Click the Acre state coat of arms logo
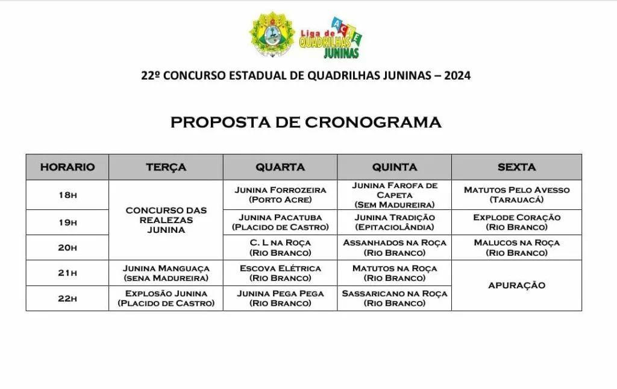(272, 35)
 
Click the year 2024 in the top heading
(457, 76)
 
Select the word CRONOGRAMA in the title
(373, 122)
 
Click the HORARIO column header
(67, 167)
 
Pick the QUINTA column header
(394, 167)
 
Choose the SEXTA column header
(516, 167)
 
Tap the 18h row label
(67, 195)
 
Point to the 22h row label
(67, 299)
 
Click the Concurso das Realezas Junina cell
(166, 220)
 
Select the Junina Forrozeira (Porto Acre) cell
(280, 194)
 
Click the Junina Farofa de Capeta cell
(394, 195)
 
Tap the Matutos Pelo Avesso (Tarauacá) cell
(516, 194)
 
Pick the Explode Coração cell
(516, 222)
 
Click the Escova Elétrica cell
(280, 273)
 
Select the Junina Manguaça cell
(166, 273)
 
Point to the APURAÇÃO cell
(516, 285)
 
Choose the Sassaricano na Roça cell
(394, 298)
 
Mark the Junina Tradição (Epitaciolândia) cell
(394, 222)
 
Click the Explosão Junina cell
(166, 298)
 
